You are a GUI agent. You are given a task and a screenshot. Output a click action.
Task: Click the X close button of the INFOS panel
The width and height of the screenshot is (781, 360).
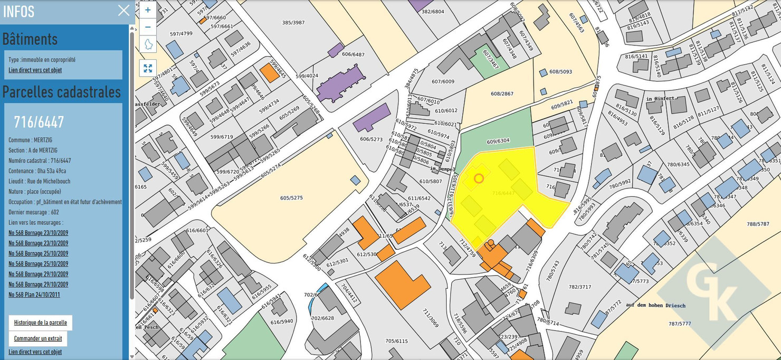123,11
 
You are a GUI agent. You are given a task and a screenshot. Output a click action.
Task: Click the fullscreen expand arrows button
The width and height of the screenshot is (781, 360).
148,68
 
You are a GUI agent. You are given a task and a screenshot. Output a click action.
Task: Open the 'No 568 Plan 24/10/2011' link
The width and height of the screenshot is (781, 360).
34,295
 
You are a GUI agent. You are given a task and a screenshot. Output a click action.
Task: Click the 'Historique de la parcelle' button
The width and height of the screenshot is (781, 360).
41,323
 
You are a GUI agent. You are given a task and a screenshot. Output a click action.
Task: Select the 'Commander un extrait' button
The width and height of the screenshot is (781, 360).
38,339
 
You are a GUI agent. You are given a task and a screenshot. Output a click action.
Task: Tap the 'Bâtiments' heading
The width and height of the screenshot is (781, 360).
30,39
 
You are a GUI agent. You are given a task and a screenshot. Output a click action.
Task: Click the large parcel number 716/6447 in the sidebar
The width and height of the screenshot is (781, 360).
39,122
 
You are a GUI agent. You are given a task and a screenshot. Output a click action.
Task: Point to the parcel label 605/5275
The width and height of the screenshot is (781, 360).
291,198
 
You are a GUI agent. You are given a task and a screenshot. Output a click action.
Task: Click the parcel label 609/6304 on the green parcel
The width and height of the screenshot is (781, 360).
498,141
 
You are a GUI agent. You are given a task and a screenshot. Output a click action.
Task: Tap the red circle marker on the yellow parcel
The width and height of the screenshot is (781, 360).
479,178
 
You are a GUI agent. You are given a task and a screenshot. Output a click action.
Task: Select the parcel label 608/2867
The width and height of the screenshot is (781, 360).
502,93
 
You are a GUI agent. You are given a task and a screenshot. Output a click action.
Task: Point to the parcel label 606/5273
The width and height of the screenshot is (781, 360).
371,139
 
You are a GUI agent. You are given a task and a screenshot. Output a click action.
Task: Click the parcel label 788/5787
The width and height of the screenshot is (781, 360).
758,224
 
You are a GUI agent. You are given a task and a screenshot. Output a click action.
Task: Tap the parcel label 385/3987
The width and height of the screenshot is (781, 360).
293,22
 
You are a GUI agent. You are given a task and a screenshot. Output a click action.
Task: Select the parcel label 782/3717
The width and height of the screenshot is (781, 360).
580,287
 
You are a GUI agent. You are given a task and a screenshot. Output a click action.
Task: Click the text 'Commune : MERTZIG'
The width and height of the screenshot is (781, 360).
30,140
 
